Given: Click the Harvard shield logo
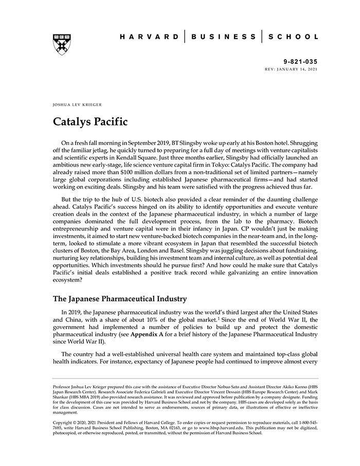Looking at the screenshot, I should pos(62,45).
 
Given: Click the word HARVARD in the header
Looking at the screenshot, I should pos(150,37).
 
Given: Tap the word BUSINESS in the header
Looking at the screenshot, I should pos(223,37).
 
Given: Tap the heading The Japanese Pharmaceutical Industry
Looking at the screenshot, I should pos(120,299).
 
